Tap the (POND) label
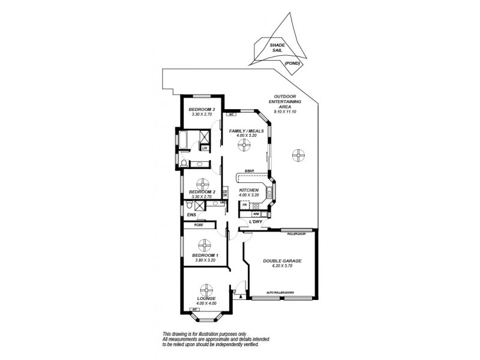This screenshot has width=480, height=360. coord(292,63)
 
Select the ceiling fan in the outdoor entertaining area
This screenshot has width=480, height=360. coord(296,155)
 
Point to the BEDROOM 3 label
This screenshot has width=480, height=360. coord(202,109)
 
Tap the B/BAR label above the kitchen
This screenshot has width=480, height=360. coord(248,172)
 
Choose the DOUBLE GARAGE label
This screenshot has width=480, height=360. coord(282,261)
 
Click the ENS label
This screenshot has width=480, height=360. coord(191,214)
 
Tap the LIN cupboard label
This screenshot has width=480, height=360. coord(205,148)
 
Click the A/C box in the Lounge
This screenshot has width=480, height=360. coord(188,310)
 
